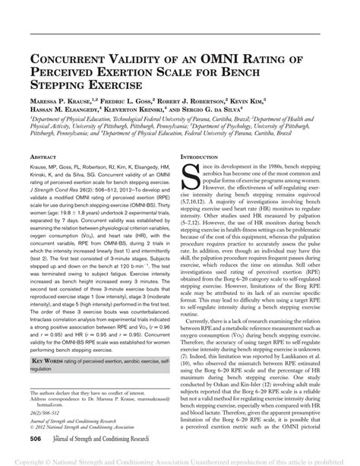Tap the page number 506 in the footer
point(35,439)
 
